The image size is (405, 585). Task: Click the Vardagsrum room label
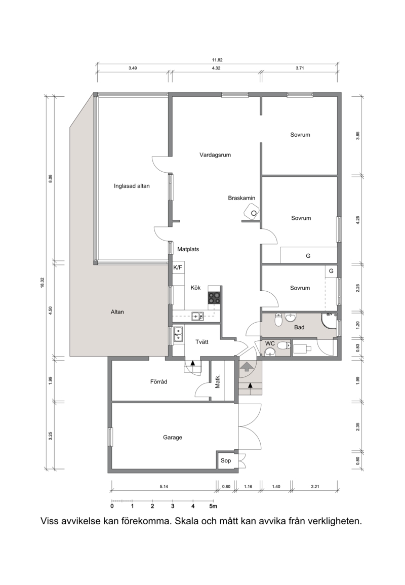pos(215,155)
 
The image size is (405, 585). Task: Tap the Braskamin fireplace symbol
pos(251,212)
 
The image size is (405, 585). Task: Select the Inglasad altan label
pos(132,186)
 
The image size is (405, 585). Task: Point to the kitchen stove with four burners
pos(214,298)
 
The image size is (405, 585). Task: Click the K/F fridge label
pos(178,267)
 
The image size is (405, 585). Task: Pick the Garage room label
pos(172,437)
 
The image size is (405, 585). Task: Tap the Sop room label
pos(226,460)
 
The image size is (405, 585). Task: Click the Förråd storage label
pos(158,382)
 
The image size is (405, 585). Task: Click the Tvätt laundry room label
pos(202,342)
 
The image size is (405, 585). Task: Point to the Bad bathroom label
pos(299,327)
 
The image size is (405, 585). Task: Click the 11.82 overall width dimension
pos(217,60)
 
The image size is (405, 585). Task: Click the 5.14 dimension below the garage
pos(164,487)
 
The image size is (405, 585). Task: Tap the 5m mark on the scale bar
pos(213,506)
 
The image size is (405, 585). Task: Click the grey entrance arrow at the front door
pos(246,366)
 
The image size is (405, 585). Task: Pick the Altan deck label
pos(117,312)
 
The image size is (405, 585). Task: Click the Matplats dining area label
pos(188,249)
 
